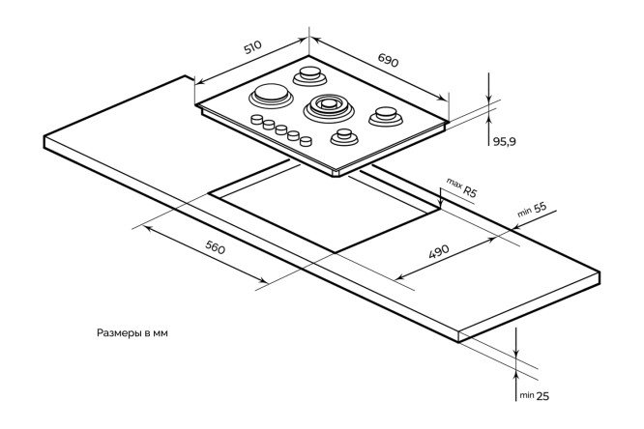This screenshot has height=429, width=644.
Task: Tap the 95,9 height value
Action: click(x=505, y=141)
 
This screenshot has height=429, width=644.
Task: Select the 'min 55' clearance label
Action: click(x=533, y=210)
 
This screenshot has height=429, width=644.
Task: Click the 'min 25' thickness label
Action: click(x=533, y=395)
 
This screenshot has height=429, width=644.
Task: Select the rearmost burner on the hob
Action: click(x=312, y=74)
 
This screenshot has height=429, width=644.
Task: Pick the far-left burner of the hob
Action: click(x=268, y=97)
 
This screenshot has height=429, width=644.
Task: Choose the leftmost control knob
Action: click(x=257, y=119)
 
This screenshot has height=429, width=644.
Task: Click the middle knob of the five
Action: click(x=280, y=129)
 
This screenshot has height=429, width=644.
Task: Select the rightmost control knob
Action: click(x=306, y=141)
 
